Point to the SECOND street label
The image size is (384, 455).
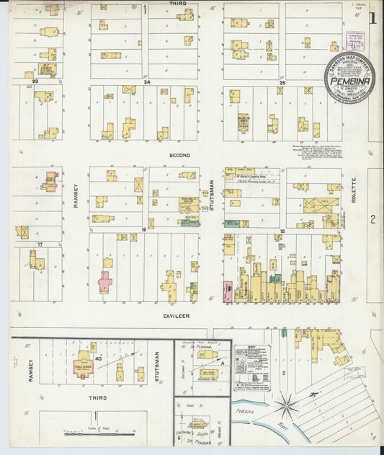coord(179,156)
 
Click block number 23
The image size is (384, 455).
coord(35,82)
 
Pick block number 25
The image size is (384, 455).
coord(283,82)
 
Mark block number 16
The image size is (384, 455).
coord(144,230)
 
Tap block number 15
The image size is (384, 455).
coord(283,230)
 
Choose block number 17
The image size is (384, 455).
coord(41,245)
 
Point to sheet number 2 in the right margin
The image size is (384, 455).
coord(373,219)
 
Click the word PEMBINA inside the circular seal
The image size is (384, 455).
coord(349,81)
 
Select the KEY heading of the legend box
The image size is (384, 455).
coord(251,348)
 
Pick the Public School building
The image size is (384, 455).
coord(84,363)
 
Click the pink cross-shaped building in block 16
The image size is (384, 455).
coord(105,281)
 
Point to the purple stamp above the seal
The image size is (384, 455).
coord(354,40)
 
